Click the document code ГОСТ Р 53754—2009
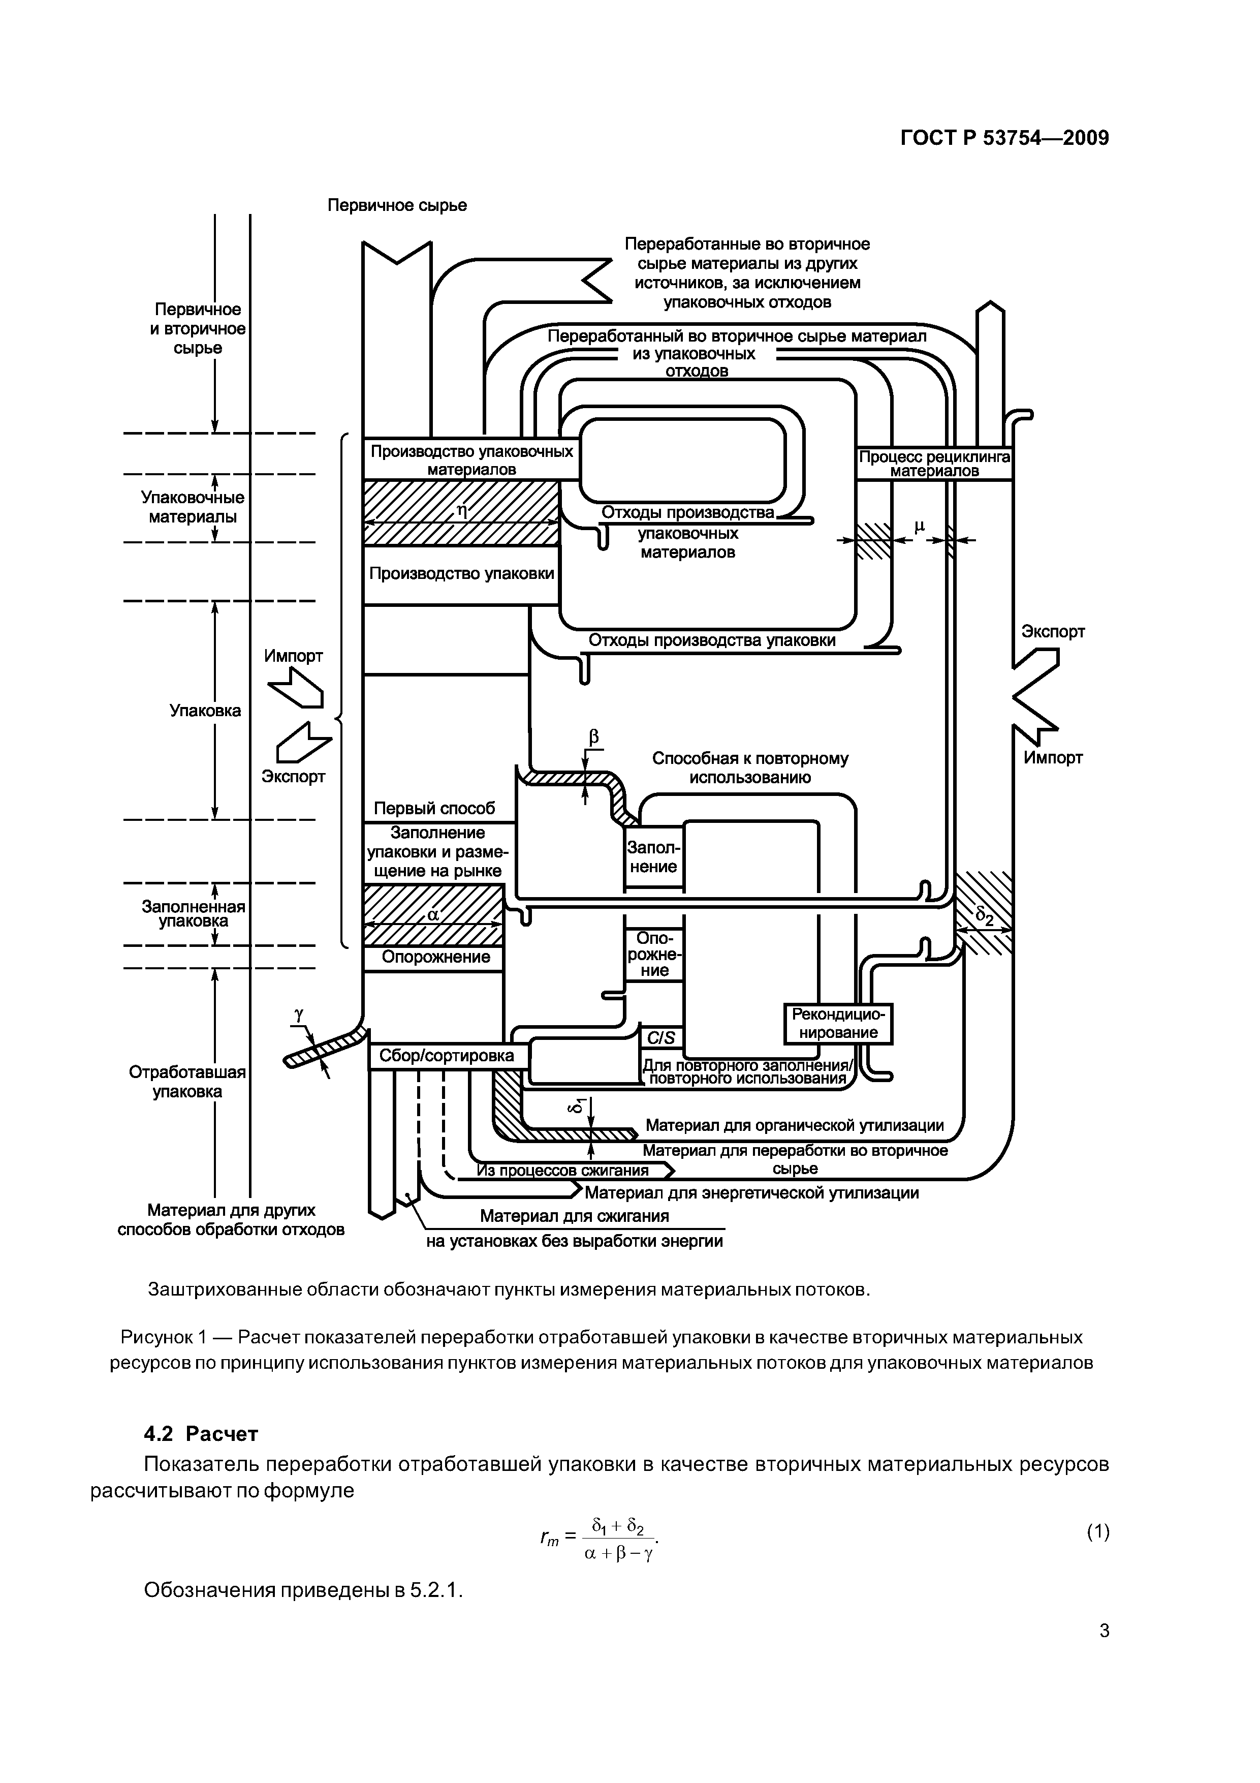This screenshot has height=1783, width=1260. point(1004,138)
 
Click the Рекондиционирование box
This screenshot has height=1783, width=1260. point(838,1024)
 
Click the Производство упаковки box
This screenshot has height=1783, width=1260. point(461,574)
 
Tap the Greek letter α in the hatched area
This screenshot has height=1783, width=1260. point(433,915)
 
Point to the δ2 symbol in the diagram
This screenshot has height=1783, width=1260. point(985,916)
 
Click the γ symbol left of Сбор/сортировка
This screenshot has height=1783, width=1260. point(299,1014)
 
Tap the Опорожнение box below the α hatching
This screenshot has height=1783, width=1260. point(435,958)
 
